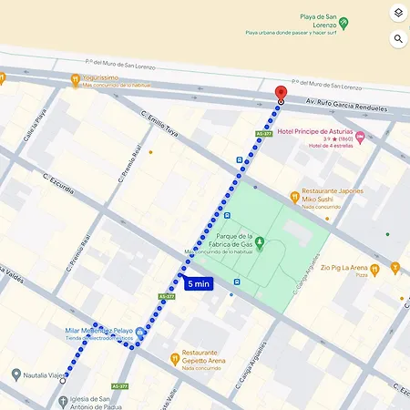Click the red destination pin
tap(281, 92)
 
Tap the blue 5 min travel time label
tap(198, 283)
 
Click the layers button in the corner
tap(398, 14)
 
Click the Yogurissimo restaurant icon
tap(75, 79)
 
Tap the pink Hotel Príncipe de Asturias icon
tap(360, 138)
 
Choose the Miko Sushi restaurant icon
tap(294, 195)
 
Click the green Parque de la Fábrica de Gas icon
tap(260, 242)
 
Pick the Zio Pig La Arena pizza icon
tap(395, 268)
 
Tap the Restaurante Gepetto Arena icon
tap(174, 356)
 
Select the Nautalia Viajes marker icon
tap(15, 374)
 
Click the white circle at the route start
tap(63, 381)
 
